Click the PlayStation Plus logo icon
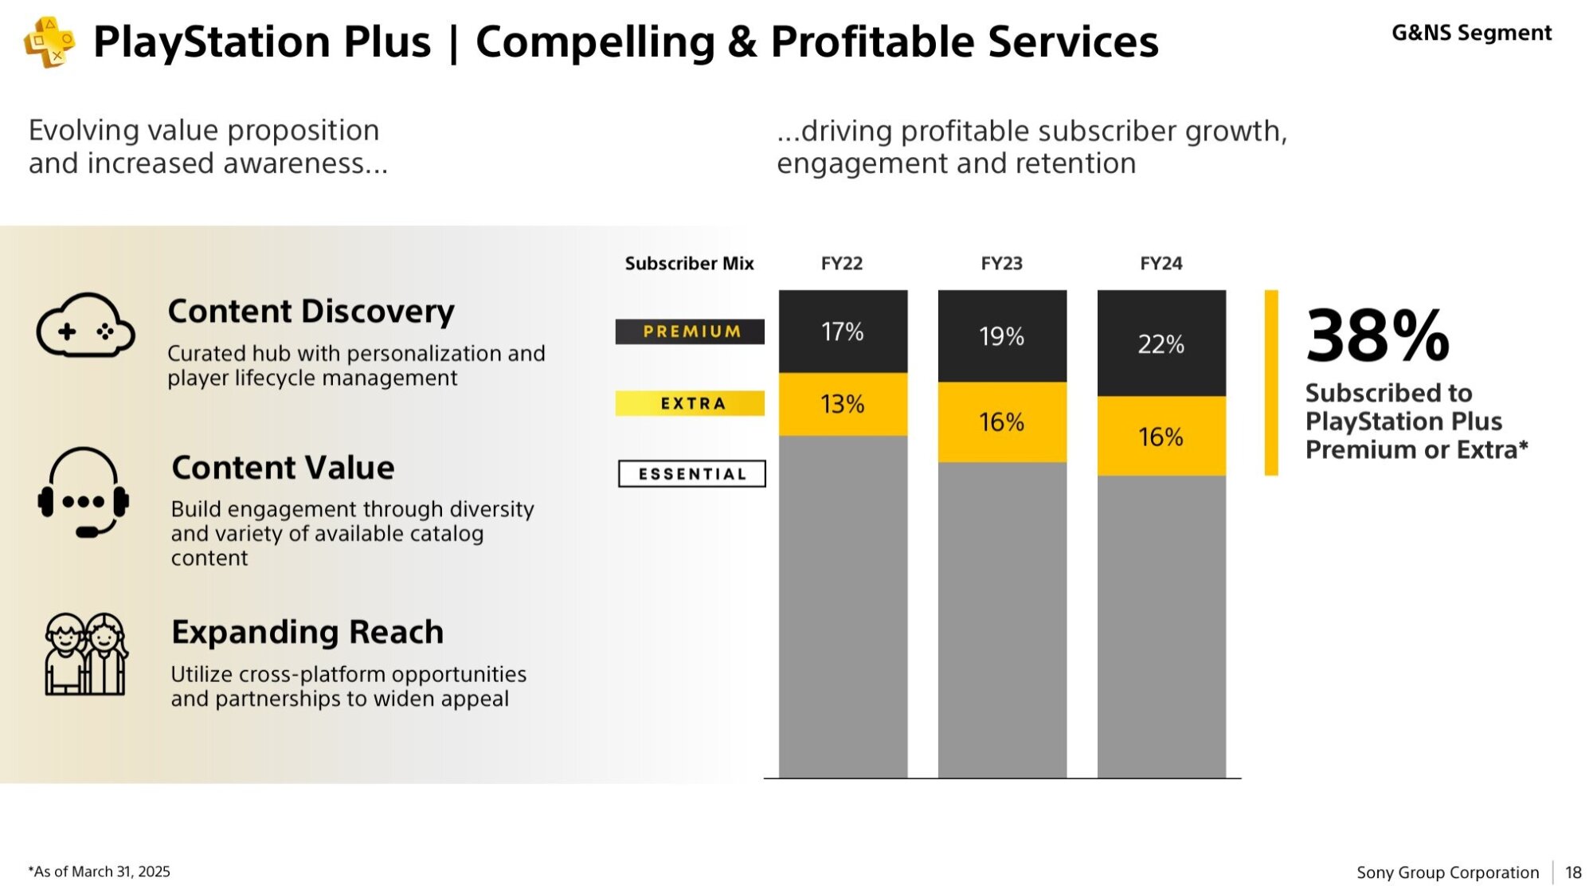click(49, 42)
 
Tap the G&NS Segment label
click(1471, 33)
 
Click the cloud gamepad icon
click(85, 325)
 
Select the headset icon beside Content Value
click(84, 492)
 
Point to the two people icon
click(85, 654)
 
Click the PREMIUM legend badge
click(691, 331)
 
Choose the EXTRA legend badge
click(691, 403)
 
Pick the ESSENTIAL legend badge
click(691, 474)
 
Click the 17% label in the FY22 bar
click(842, 331)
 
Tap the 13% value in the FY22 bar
click(842, 404)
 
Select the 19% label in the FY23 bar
click(1001, 336)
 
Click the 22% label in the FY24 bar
click(1161, 344)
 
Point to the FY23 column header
click(1001, 264)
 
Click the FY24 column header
click(1161, 264)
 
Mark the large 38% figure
click(1377, 336)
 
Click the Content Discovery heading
click(311, 311)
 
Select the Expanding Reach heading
click(307, 632)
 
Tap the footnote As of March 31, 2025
click(100, 872)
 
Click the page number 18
click(1573, 872)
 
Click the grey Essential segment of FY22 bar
click(843, 606)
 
